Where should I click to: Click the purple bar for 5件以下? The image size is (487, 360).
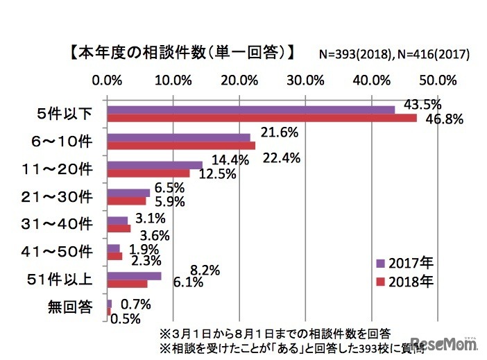(x=250, y=110)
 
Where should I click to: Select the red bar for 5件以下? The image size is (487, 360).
(x=262, y=118)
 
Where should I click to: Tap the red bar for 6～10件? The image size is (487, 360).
(x=181, y=146)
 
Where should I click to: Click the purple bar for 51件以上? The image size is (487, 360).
(x=134, y=276)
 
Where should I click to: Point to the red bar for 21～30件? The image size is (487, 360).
(x=126, y=201)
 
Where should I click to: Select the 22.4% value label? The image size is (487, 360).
(x=282, y=158)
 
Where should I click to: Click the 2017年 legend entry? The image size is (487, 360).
(x=405, y=264)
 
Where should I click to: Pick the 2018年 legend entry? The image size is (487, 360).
(x=405, y=282)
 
